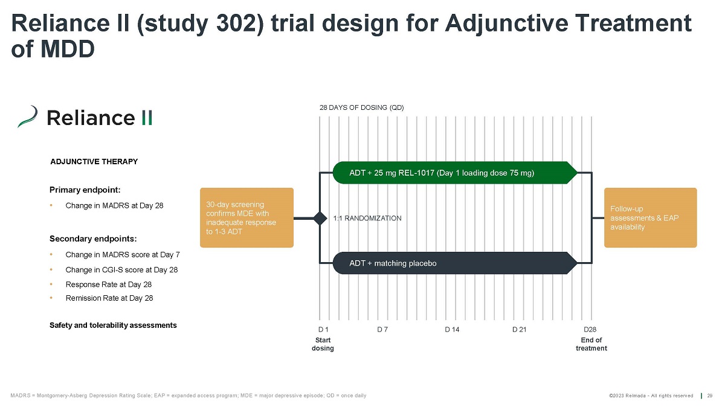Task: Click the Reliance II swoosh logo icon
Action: click(28, 117)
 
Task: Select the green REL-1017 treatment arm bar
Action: click(453, 173)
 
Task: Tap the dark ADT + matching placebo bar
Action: click(453, 263)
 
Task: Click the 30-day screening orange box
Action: click(246, 217)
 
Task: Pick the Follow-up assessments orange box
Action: click(650, 217)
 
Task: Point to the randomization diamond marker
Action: click(320, 218)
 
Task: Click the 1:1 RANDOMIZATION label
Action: click(367, 219)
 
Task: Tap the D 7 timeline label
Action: click(382, 330)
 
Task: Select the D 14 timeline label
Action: click(452, 330)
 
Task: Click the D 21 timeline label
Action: click(520, 330)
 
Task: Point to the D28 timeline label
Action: click(590, 330)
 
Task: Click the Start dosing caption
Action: click(323, 344)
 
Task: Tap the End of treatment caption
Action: click(591, 344)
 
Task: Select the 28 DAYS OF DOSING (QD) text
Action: click(361, 107)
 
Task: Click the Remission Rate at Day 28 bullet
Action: click(109, 298)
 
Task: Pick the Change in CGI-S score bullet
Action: click(121, 270)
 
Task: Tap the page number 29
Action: click(710, 396)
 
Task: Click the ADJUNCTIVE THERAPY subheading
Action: click(94, 162)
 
